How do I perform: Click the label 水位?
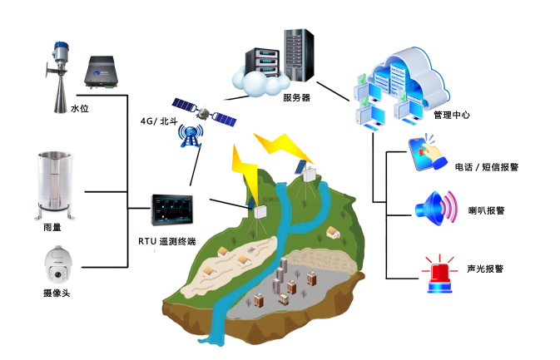pyautogui.click(x=78, y=109)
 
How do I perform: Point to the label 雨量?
pyautogui.click(x=52, y=227)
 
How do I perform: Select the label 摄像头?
pyautogui.click(x=56, y=293)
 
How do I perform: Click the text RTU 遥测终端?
pyautogui.click(x=167, y=241)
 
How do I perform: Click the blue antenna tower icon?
pyautogui.click(x=191, y=135)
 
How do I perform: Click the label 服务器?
pyautogui.click(x=295, y=97)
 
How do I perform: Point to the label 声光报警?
pyautogui.click(x=484, y=269)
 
